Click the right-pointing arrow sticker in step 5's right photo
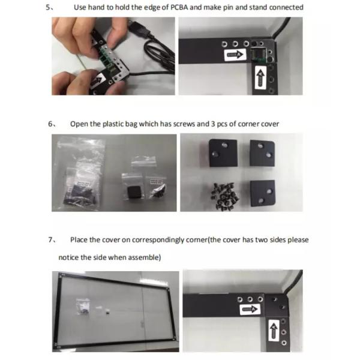(x=234, y=55)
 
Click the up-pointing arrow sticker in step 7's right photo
(x=274, y=331)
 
